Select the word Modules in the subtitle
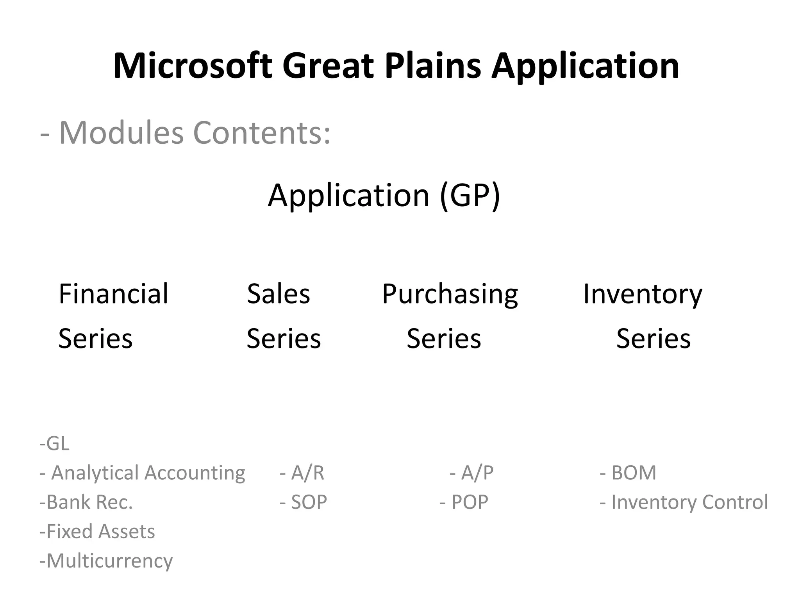coord(121,133)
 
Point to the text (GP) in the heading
coord(470,195)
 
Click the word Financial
coord(113,294)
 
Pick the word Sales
coord(278,294)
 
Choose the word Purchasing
coord(450,294)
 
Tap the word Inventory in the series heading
coord(643,294)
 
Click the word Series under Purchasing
coord(444,338)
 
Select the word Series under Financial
coord(96,338)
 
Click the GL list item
coord(55,444)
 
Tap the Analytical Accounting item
coord(143,473)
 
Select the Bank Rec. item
coord(86,502)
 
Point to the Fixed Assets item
coord(97,532)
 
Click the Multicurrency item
coord(106,561)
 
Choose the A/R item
coord(302,473)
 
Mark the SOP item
coord(304,502)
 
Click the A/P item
coord(472,473)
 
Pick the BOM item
coord(628,473)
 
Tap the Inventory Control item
coord(684,502)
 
